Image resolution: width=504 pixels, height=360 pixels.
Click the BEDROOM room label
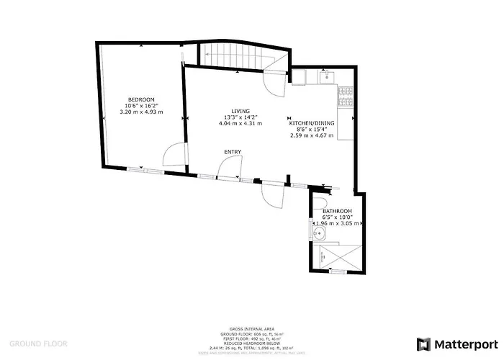click(x=141, y=99)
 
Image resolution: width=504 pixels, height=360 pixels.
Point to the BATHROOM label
click(x=337, y=211)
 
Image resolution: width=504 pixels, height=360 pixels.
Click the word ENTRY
click(x=233, y=151)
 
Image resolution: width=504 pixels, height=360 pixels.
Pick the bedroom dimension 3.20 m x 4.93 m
click(x=141, y=112)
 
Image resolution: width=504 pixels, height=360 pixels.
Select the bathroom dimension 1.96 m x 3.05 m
click(x=337, y=223)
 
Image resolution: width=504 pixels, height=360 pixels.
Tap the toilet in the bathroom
click(x=324, y=211)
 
